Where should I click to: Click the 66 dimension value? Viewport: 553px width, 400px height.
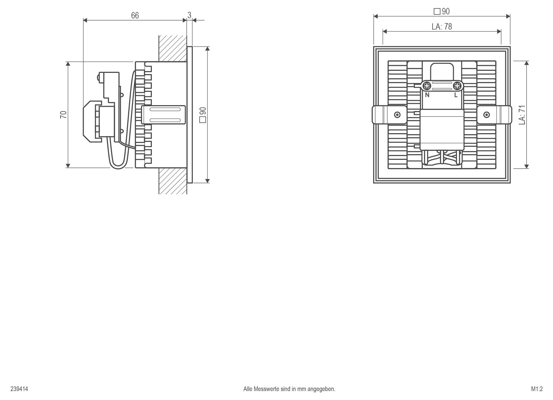click(135, 16)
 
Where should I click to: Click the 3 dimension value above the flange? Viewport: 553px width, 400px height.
click(189, 15)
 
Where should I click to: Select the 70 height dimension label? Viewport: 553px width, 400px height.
click(63, 114)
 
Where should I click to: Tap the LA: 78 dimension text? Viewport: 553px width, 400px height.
click(442, 26)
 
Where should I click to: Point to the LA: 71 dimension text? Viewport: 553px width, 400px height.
click(522, 115)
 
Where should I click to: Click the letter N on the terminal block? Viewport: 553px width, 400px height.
click(427, 95)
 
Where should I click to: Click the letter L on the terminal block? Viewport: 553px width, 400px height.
click(456, 95)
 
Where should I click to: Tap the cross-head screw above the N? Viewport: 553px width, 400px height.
click(427, 85)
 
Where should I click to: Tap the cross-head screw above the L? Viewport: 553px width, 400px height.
click(457, 85)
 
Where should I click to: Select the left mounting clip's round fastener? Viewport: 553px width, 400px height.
click(397, 115)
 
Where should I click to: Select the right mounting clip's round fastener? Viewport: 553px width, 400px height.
click(486, 115)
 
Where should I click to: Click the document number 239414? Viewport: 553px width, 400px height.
click(19, 389)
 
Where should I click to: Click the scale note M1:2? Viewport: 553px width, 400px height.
click(537, 389)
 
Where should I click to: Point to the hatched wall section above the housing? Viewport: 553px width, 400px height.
click(172, 48)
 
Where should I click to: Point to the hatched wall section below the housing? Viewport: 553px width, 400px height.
click(172, 181)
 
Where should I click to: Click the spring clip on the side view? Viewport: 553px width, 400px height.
click(164, 115)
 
